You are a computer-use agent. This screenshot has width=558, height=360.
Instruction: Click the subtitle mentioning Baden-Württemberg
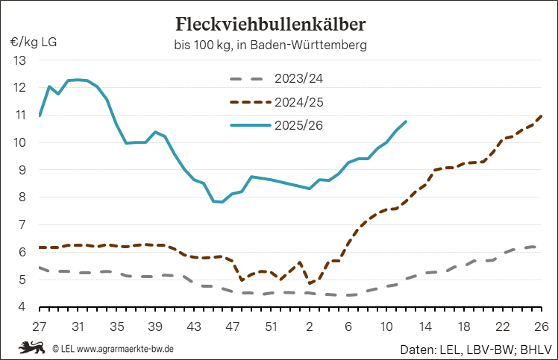coord(270,45)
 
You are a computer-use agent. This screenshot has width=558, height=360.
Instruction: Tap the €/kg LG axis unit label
coord(34,41)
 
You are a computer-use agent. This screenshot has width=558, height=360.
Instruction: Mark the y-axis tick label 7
coord(22,224)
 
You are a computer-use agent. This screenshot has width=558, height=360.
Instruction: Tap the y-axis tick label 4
coord(22,307)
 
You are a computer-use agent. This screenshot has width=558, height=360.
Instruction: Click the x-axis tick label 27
coord(40,326)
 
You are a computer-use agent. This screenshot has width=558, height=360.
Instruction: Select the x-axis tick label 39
coord(155,326)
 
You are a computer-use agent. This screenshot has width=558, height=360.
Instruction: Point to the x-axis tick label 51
coord(271,326)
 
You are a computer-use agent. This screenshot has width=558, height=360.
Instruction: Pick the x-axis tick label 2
coord(310,326)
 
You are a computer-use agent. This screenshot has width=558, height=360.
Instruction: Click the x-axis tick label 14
coord(425,326)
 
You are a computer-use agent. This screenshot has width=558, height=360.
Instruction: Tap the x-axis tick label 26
coord(542,326)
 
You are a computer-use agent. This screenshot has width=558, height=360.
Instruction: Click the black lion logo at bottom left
coord(32,347)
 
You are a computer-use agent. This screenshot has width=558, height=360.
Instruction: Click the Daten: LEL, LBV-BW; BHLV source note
coord(474,348)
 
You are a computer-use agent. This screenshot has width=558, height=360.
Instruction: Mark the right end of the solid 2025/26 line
coord(406,121)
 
